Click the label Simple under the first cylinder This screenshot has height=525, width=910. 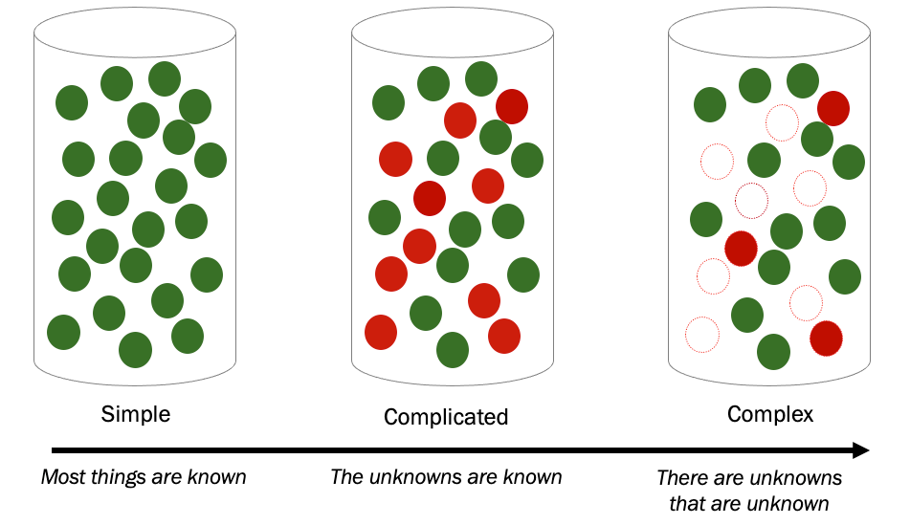click(136, 414)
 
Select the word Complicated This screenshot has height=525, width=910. click(446, 417)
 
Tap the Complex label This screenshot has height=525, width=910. click(770, 414)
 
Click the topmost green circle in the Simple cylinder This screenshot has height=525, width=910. click(165, 79)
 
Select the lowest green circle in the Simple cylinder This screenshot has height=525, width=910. click(135, 350)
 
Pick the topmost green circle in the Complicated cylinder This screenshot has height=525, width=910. click(481, 77)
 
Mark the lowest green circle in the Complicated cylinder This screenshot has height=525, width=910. click(453, 350)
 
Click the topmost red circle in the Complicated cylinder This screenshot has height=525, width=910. click(512, 105)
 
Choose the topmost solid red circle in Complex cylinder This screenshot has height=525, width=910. click(833, 108)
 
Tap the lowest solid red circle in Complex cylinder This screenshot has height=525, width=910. click(826, 339)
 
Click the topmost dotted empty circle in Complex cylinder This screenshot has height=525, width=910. click(782, 121)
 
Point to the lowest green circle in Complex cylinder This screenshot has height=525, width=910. click(773, 352)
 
